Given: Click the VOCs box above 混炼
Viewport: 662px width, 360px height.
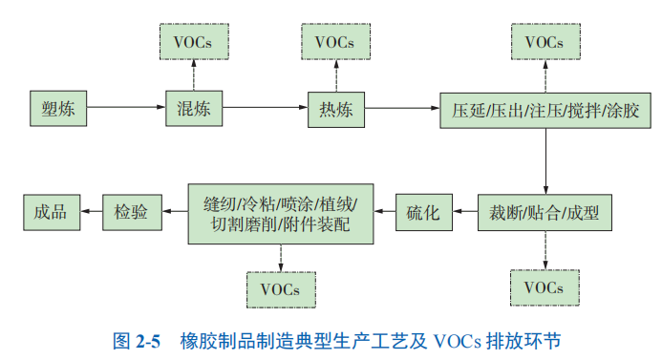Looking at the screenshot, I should [193, 43].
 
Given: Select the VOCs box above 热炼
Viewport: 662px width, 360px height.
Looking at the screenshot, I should [334, 43].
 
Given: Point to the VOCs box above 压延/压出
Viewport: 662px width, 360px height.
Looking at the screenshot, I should [545, 43].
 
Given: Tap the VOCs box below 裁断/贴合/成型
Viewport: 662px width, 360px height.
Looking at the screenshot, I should [545, 286].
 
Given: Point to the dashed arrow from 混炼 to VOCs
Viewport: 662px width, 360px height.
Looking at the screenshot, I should [193, 76].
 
